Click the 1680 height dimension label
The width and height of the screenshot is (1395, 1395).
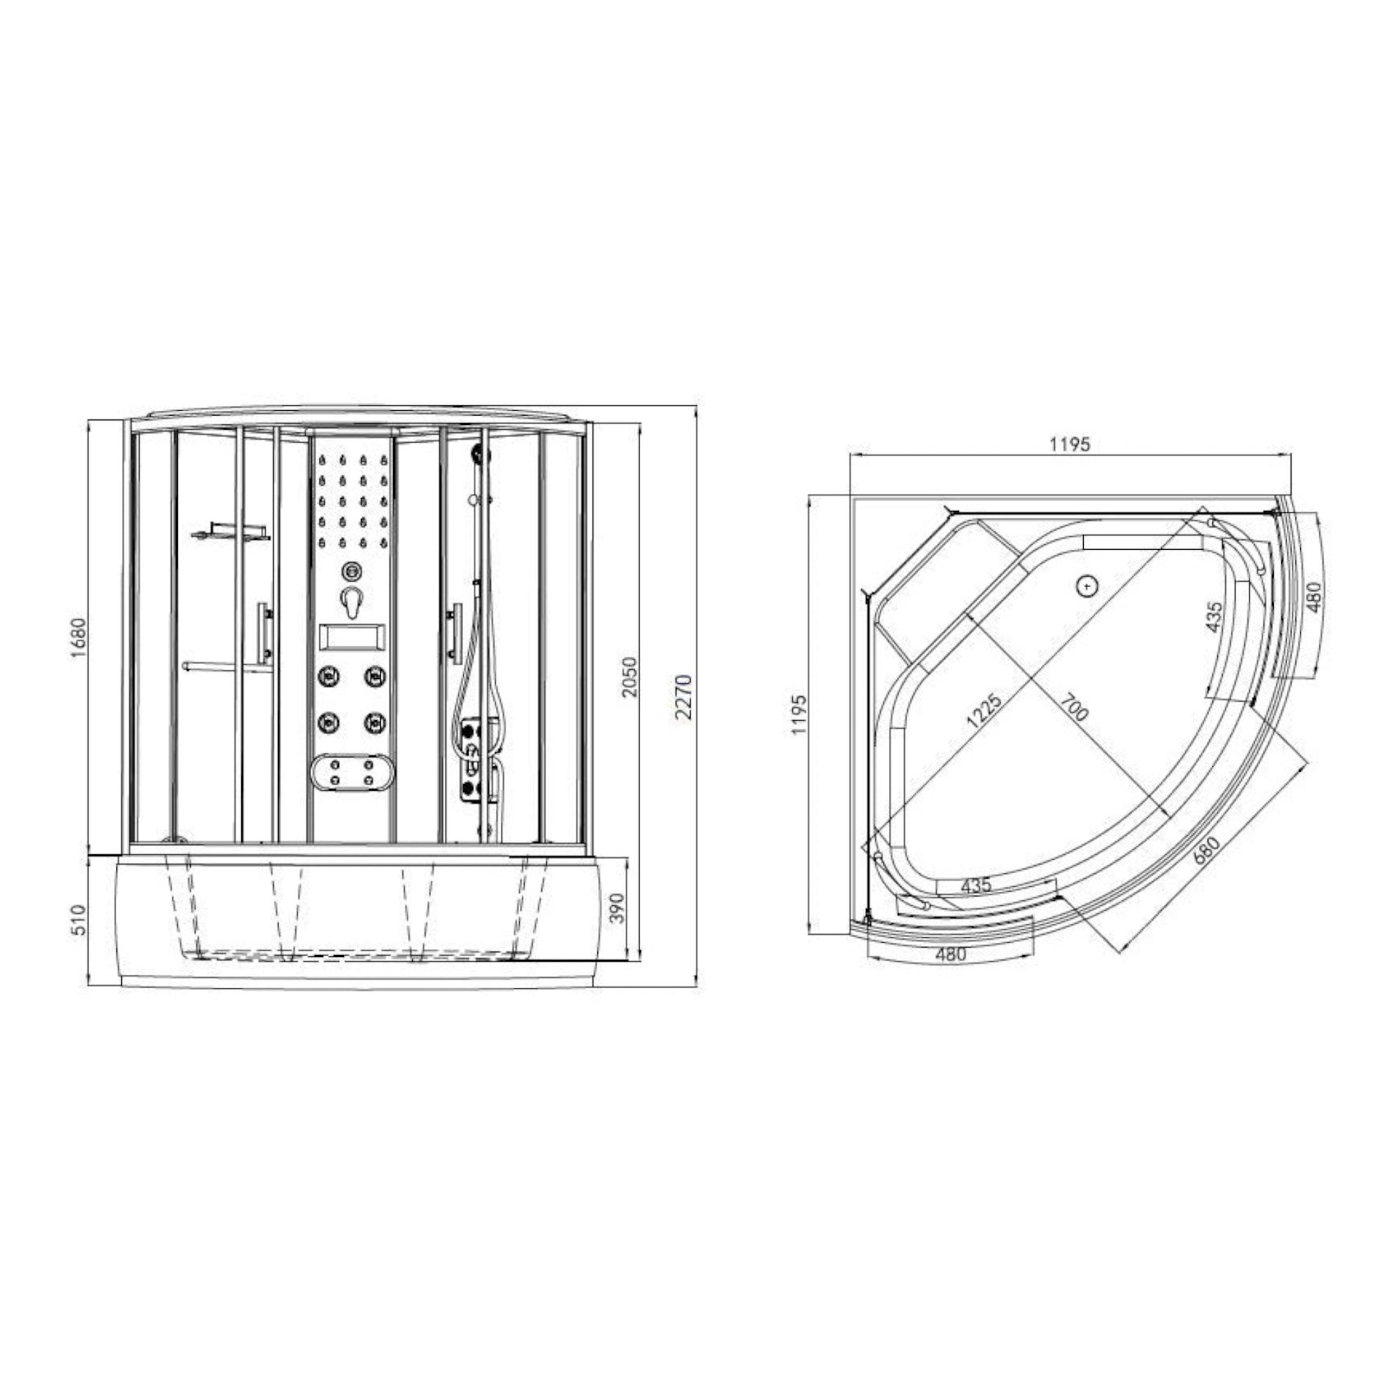click(79, 637)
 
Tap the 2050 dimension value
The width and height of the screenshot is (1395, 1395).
click(630, 677)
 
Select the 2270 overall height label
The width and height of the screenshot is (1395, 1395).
click(684, 697)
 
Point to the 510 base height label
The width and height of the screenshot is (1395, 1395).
click(79, 920)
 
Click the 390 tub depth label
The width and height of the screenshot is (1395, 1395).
click(617, 908)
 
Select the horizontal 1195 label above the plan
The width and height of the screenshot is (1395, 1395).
click(1070, 443)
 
